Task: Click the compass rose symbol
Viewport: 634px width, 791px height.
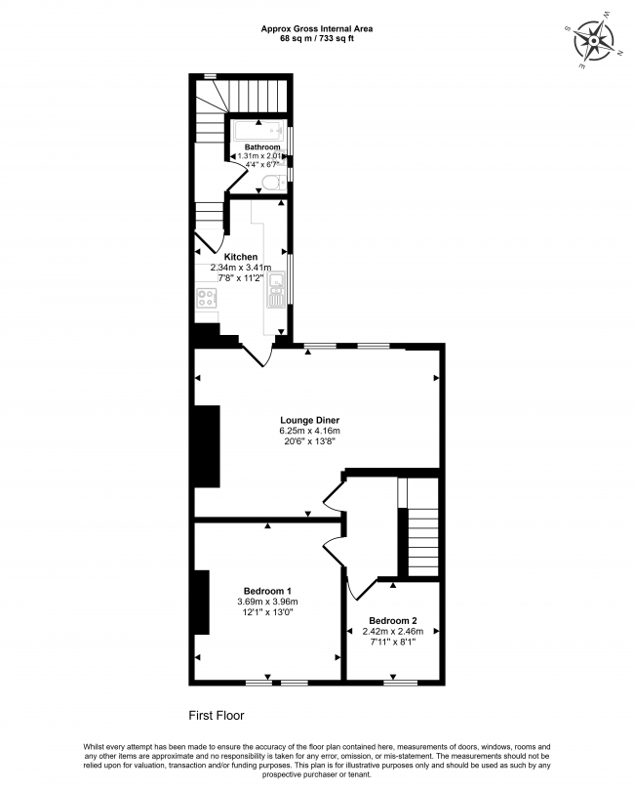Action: click(x=595, y=40)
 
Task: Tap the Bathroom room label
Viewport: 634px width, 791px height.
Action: click(x=262, y=146)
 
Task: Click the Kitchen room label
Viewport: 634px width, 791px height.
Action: click(x=241, y=257)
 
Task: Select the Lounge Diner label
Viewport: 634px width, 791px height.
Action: click(x=310, y=420)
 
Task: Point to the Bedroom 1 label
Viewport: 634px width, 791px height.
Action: click(x=267, y=591)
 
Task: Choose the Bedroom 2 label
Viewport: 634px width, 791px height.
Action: click(x=393, y=620)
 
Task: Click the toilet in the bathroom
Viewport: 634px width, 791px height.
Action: click(x=275, y=182)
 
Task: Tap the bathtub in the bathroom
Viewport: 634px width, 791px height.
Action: click(x=258, y=131)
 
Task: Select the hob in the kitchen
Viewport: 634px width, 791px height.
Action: click(x=207, y=298)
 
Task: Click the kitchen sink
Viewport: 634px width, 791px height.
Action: click(x=276, y=290)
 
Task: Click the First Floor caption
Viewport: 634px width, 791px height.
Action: click(x=217, y=716)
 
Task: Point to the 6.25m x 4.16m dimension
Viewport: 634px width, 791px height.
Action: click(x=310, y=431)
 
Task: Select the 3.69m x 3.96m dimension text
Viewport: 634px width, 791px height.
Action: click(x=267, y=602)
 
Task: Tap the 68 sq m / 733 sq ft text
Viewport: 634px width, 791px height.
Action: click(x=316, y=38)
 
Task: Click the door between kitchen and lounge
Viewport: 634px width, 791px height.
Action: click(x=258, y=355)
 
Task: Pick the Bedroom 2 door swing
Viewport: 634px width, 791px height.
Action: click(x=360, y=590)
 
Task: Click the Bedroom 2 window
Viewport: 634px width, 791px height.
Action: click(x=401, y=683)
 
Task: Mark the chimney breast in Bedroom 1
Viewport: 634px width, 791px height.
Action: click(x=202, y=603)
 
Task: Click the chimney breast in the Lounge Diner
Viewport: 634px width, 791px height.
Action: click(x=207, y=446)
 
